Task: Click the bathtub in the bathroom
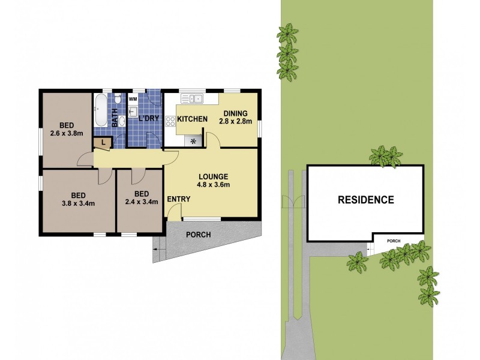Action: tap(100, 110)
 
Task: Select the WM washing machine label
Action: tap(133, 98)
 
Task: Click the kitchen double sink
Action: tap(194, 98)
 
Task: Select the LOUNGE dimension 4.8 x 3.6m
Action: tap(214, 185)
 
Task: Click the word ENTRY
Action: tap(179, 199)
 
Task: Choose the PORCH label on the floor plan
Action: tap(199, 235)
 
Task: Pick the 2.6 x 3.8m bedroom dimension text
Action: tap(67, 134)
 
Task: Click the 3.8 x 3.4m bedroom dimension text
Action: tap(78, 203)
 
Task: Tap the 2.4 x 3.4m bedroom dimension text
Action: tap(142, 202)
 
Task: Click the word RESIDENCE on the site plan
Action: tap(365, 200)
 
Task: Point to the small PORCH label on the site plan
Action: tap(394, 241)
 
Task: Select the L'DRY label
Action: tap(149, 118)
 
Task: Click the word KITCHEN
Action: tap(192, 119)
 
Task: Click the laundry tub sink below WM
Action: tap(134, 112)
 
